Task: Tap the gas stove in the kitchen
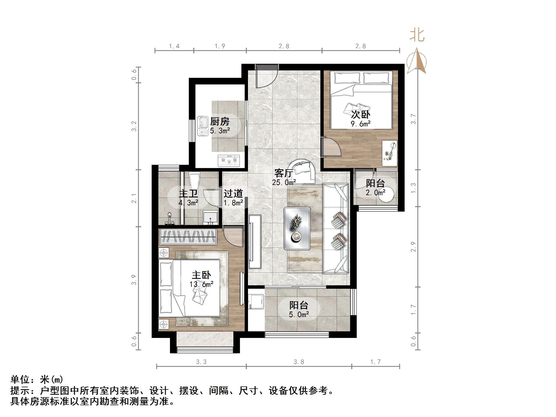229,160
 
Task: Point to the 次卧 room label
360,115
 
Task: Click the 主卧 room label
201,275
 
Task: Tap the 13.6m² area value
201,284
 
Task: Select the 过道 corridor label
233,193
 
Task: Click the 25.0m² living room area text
284,182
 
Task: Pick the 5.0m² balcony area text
299,314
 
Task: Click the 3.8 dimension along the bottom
299,362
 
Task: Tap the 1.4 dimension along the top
174,46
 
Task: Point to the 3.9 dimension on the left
134,280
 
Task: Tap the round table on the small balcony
386,195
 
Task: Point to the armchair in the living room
303,171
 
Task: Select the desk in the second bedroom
389,153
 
